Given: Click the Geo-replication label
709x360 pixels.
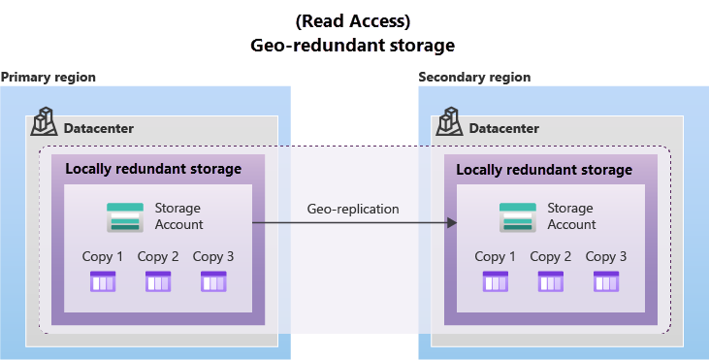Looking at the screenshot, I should click(x=353, y=209).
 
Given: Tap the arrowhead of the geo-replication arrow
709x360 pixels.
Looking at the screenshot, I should click(x=451, y=223).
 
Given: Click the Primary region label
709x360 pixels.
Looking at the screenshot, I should click(x=48, y=77).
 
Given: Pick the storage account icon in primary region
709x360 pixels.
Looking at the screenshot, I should click(x=125, y=216).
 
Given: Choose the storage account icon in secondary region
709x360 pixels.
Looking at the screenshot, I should click(x=517, y=216).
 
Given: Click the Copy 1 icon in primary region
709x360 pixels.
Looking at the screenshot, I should click(x=103, y=281).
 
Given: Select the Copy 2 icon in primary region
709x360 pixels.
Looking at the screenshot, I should click(x=158, y=281).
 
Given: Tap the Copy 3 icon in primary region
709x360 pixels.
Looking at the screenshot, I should click(x=213, y=281).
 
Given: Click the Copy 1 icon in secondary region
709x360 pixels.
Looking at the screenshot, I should click(x=496, y=281).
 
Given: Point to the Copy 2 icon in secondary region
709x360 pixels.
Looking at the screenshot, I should click(x=551, y=281).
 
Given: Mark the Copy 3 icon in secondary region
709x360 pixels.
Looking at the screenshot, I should click(x=606, y=281).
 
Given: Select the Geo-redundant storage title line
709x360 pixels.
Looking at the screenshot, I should click(x=353, y=46).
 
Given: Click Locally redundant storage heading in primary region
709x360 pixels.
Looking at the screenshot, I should click(x=153, y=169).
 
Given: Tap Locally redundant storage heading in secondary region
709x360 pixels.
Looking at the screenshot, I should click(x=544, y=170).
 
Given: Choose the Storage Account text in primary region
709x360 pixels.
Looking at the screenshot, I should click(x=178, y=216).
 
